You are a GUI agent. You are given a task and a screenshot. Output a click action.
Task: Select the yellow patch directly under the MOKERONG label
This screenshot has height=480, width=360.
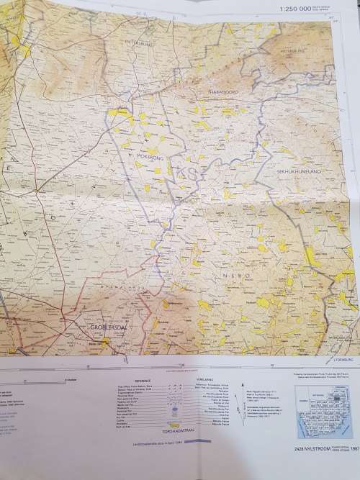click(158, 170)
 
